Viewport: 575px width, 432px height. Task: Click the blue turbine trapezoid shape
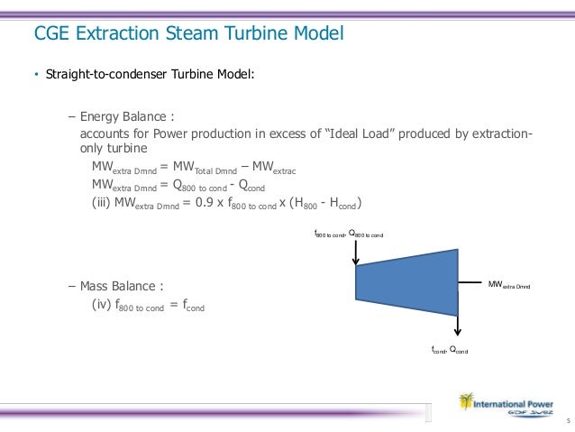pos(407,275)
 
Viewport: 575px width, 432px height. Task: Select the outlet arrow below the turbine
pos(459,321)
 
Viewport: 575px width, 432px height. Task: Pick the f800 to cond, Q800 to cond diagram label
pos(348,234)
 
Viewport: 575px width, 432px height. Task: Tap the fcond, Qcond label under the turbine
pos(449,349)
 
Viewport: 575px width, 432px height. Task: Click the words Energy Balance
pos(126,117)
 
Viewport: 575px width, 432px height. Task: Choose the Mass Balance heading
pos(122,288)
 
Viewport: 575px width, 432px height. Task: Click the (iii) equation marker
pos(104,201)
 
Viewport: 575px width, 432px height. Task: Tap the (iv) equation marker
pos(103,306)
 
